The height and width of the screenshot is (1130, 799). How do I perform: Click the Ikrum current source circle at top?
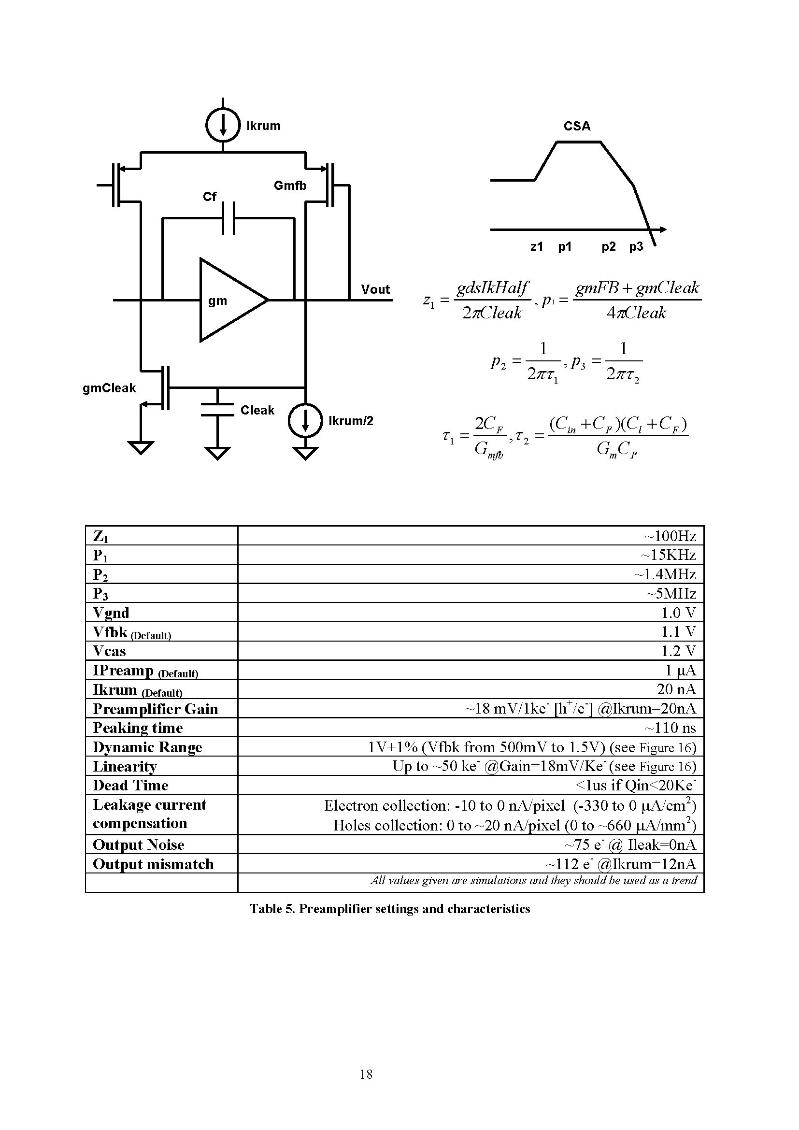tap(223, 125)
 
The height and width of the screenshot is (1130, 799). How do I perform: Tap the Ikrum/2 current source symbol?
tap(305, 420)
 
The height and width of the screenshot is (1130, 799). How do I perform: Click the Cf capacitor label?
tap(210, 196)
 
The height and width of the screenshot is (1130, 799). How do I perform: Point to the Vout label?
tap(375, 289)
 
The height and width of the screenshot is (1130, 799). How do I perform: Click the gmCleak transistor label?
tap(109, 388)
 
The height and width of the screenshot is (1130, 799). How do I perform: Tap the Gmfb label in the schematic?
tap(290, 186)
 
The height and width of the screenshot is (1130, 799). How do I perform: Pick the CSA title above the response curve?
tap(577, 126)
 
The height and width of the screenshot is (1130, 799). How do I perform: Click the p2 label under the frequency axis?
tap(609, 246)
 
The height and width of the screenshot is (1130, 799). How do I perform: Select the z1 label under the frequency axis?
tap(536, 246)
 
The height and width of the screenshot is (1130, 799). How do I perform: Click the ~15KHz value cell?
tap(668, 555)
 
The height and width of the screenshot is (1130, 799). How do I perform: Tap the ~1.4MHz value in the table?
tap(665, 574)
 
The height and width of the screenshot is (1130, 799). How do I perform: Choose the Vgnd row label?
tap(111, 613)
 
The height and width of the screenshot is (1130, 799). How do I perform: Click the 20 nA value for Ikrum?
tap(676, 689)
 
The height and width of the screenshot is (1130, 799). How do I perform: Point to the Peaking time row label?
tap(138, 728)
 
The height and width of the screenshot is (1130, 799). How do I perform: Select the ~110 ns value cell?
tap(671, 728)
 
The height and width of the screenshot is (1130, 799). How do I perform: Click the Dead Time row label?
tap(130, 786)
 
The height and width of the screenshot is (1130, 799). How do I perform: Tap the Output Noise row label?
tap(138, 845)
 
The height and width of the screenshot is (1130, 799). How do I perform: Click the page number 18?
tap(366, 1074)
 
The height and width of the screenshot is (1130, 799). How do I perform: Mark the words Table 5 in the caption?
tap(272, 909)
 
